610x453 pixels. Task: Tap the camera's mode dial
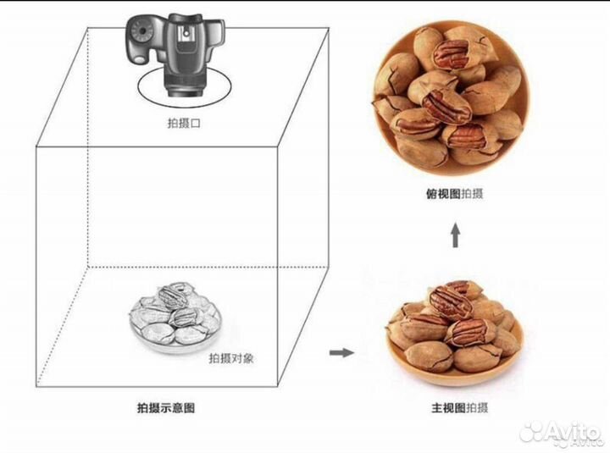(x=143, y=30)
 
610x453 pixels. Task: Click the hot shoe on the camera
(x=186, y=33)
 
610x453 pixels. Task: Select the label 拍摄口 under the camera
(x=184, y=124)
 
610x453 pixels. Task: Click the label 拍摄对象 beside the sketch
(x=231, y=358)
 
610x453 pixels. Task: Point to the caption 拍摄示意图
(x=166, y=408)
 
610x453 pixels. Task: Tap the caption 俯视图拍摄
(x=454, y=194)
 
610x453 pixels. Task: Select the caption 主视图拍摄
(x=459, y=408)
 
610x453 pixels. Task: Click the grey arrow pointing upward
(x=455, y=235)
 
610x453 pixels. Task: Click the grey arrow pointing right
(x=341, y=353)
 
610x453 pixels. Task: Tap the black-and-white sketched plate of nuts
(x=175, y=317)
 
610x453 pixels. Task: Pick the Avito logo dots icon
(x=532, y=432)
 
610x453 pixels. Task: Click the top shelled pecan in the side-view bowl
(x=452, y=301)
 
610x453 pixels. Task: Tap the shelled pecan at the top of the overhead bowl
(x=452, y=54)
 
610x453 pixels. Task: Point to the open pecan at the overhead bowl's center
(x=446, y=106)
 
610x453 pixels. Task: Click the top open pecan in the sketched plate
(x=170, y=296)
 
